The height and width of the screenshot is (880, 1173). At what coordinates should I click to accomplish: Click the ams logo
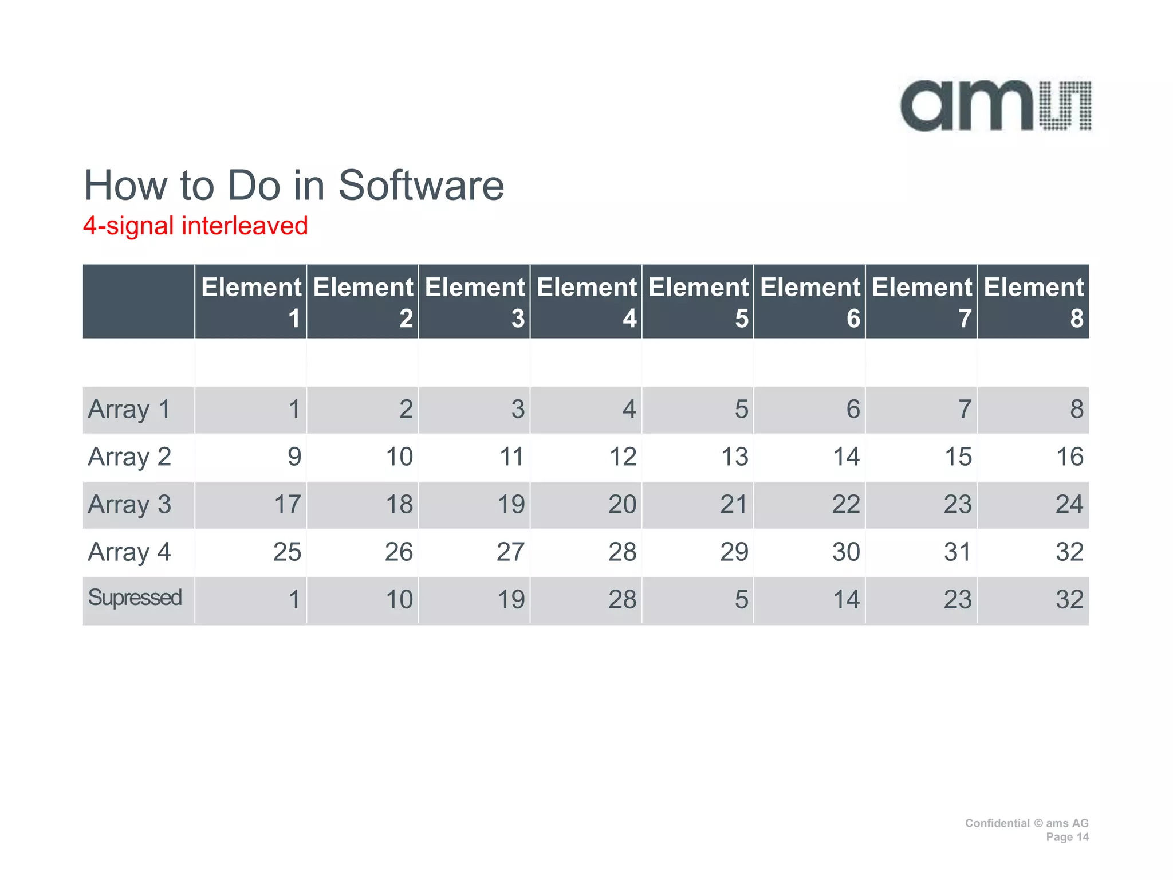995,106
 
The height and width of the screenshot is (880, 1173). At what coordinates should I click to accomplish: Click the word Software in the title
421,186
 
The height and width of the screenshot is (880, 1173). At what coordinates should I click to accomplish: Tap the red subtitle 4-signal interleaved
195,226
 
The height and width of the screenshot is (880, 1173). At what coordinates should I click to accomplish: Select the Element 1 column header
251,301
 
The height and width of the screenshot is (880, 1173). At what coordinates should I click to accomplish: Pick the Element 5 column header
698,301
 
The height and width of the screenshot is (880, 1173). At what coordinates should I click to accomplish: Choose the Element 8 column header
1033,301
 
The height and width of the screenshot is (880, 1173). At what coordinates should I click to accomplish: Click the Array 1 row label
129,410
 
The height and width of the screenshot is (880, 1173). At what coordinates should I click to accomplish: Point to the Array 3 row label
129,505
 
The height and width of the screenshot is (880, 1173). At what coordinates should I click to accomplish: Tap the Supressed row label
135,598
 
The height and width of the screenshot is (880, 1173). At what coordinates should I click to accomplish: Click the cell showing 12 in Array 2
623,457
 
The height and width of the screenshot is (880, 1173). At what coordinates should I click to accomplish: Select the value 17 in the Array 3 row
287,505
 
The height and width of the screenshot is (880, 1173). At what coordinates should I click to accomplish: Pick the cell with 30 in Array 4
846,552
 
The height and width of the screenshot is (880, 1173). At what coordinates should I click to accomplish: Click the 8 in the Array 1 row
1076,410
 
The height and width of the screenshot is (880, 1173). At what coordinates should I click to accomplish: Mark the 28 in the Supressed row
623,600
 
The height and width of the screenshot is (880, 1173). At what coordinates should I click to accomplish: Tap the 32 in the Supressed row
1069,600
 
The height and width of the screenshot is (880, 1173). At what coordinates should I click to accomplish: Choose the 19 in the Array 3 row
511,505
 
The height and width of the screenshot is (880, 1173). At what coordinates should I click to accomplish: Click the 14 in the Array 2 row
846,457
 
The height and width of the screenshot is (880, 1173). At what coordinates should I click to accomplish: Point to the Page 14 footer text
1066,837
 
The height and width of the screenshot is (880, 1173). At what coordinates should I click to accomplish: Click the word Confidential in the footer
997,823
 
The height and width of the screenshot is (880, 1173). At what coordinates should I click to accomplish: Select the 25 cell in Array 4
287,552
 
